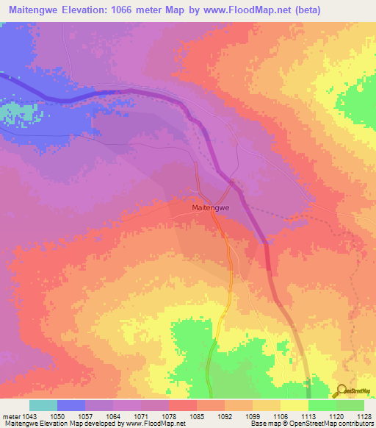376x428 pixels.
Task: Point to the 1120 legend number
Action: [336, 416]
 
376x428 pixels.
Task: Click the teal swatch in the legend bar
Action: [43, 405]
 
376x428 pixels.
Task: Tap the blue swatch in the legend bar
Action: [71, 405]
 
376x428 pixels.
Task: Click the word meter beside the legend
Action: [11, 416]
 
